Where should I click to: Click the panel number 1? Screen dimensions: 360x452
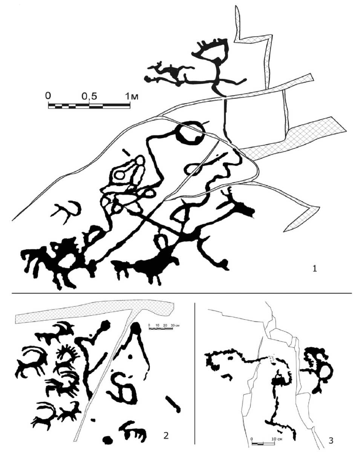[314, 269]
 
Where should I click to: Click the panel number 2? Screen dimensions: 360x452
[166, 435]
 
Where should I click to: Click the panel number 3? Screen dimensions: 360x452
[331, 440]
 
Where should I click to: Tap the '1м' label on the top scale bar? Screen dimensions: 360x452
[132, 96]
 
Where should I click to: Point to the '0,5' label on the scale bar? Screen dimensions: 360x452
[89, 97]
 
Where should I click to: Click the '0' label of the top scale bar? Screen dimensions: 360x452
[48, 95]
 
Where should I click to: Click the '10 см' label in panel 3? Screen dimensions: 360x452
[275, 439]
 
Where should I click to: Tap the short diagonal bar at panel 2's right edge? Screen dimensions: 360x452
[173, 404]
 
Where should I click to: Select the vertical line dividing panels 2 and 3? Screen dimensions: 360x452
[195, 373]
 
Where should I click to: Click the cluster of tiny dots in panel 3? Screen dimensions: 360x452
[271, 358]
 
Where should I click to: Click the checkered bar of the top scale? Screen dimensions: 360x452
[89, 106]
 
